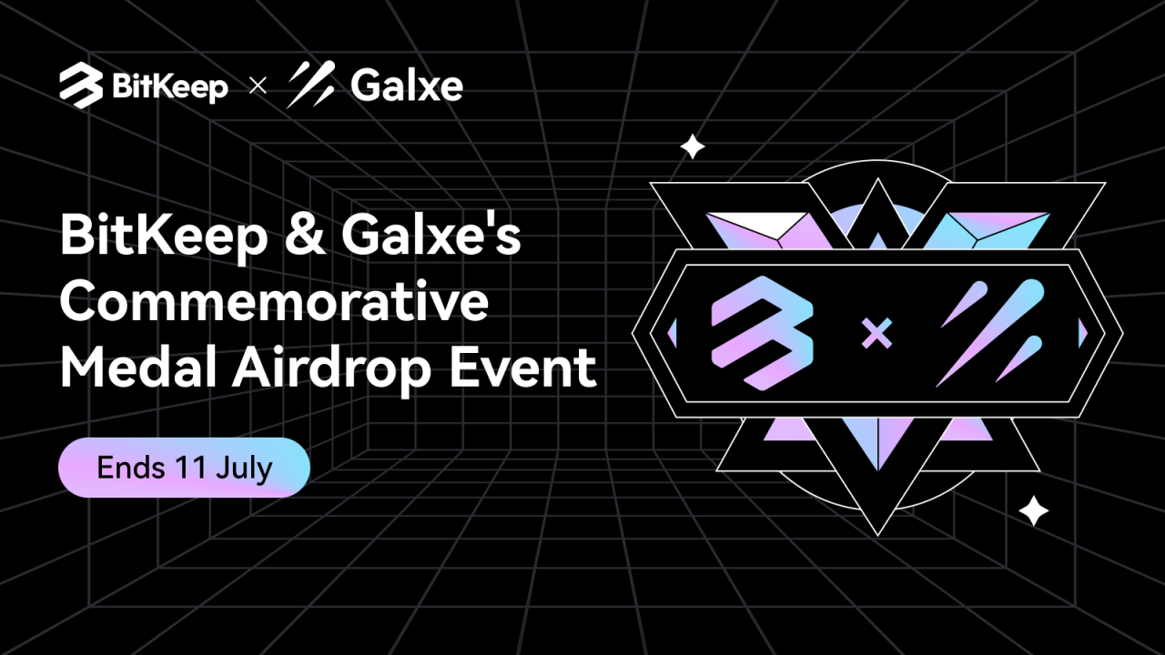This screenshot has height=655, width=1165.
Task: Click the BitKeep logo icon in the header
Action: tap(81, 86)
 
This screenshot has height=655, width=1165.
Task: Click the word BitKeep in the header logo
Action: tap(169, 86)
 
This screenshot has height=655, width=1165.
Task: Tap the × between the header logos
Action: tap(258, 87)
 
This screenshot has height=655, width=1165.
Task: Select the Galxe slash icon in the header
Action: tap(309, 85)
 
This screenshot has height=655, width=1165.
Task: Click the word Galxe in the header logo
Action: tap(406, 86)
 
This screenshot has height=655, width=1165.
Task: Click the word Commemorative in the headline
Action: tap(274, 303)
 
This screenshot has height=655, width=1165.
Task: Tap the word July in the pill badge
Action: tap(244, 469)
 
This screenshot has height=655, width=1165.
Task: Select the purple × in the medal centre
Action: tap(876, 336)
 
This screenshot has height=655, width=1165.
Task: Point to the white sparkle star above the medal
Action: tap(693, 146)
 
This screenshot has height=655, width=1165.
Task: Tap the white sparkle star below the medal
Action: tap(1033, 510)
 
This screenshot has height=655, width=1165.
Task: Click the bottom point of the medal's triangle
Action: tap(877, 530)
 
